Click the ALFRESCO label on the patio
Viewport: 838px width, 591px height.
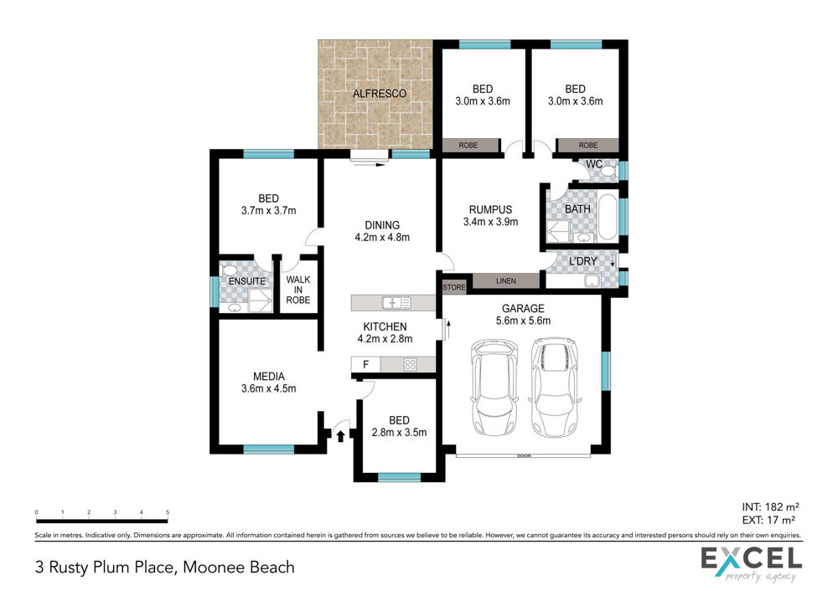[380, 94]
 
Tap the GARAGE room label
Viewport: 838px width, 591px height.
[523, 309]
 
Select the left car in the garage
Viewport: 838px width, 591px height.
[494, 388]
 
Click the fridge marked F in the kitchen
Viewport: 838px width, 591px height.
[365, 365]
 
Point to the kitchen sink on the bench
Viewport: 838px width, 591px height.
[396, 303]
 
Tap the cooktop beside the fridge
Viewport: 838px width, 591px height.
[411, 365]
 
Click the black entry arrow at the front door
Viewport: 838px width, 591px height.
[340, 436]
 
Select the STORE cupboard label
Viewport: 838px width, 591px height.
[454, 287]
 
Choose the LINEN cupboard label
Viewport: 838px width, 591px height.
[506, 280]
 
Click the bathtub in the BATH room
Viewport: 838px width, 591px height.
[607, 218]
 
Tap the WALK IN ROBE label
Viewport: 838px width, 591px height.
[297, 290]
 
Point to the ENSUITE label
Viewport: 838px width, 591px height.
[247, 280]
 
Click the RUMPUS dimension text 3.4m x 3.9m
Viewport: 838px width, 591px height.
[490, 222]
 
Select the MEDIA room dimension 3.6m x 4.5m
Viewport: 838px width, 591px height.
[268, 388]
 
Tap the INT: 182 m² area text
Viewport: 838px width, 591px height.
[770, 506]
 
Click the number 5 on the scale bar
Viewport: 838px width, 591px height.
[168, 512]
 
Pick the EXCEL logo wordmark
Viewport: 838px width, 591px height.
[752, 559]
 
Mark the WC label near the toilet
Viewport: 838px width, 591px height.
[594, 164]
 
